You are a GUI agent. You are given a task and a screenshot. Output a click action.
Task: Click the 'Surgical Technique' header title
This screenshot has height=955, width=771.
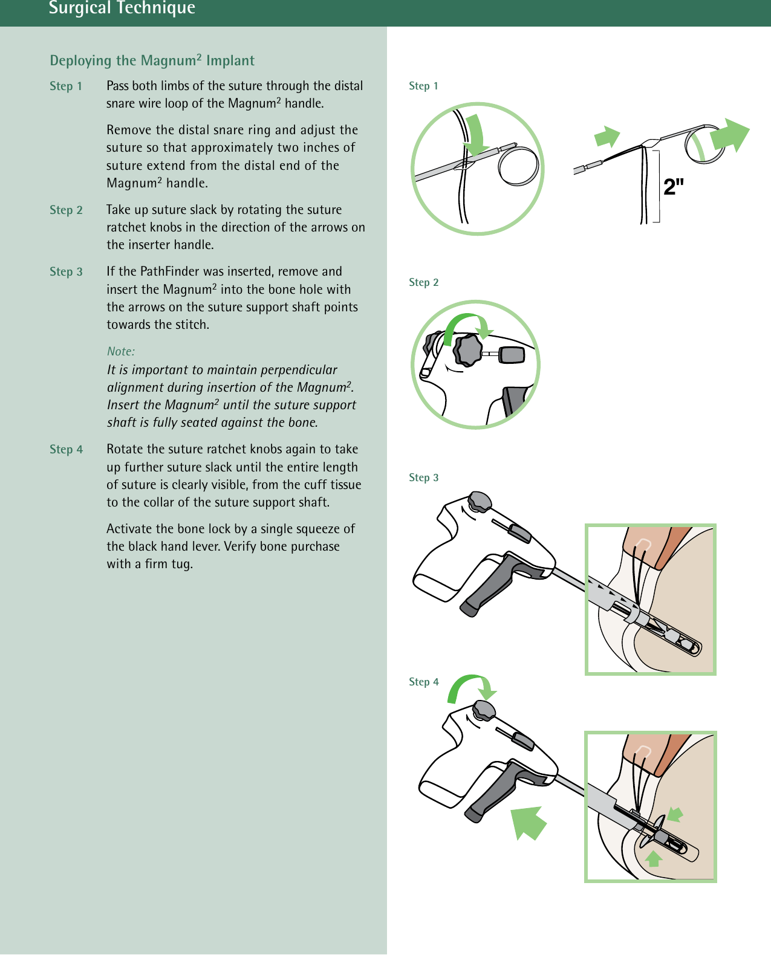click(122, 8)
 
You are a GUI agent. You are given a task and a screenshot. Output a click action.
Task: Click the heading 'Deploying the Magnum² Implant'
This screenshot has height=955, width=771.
click(152, 60)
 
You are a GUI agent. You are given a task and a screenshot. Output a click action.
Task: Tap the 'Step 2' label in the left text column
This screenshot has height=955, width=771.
click(66, 210)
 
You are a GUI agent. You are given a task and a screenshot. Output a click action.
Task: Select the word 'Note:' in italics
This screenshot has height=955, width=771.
click(121, 351)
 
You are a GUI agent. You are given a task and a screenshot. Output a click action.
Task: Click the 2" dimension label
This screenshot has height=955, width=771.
click(674, 187)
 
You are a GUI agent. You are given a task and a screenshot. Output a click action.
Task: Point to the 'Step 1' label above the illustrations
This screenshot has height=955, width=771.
click(423, 86)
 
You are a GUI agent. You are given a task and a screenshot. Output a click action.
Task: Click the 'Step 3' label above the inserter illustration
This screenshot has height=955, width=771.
click(423, 477)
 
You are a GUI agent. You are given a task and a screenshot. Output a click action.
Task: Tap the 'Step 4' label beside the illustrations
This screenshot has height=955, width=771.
click(423, 682)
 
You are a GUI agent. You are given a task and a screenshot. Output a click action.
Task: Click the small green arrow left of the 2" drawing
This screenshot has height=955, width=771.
click(607, 137)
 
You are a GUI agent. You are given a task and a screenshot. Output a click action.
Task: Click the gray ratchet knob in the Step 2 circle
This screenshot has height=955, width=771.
click(468, 351)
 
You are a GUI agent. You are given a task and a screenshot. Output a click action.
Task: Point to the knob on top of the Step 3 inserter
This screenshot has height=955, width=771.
click(480, 501)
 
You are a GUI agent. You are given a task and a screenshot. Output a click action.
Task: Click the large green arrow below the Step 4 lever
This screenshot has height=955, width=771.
click(528, 822)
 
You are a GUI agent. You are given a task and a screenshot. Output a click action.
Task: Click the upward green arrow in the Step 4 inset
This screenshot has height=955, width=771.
click(653, 858)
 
